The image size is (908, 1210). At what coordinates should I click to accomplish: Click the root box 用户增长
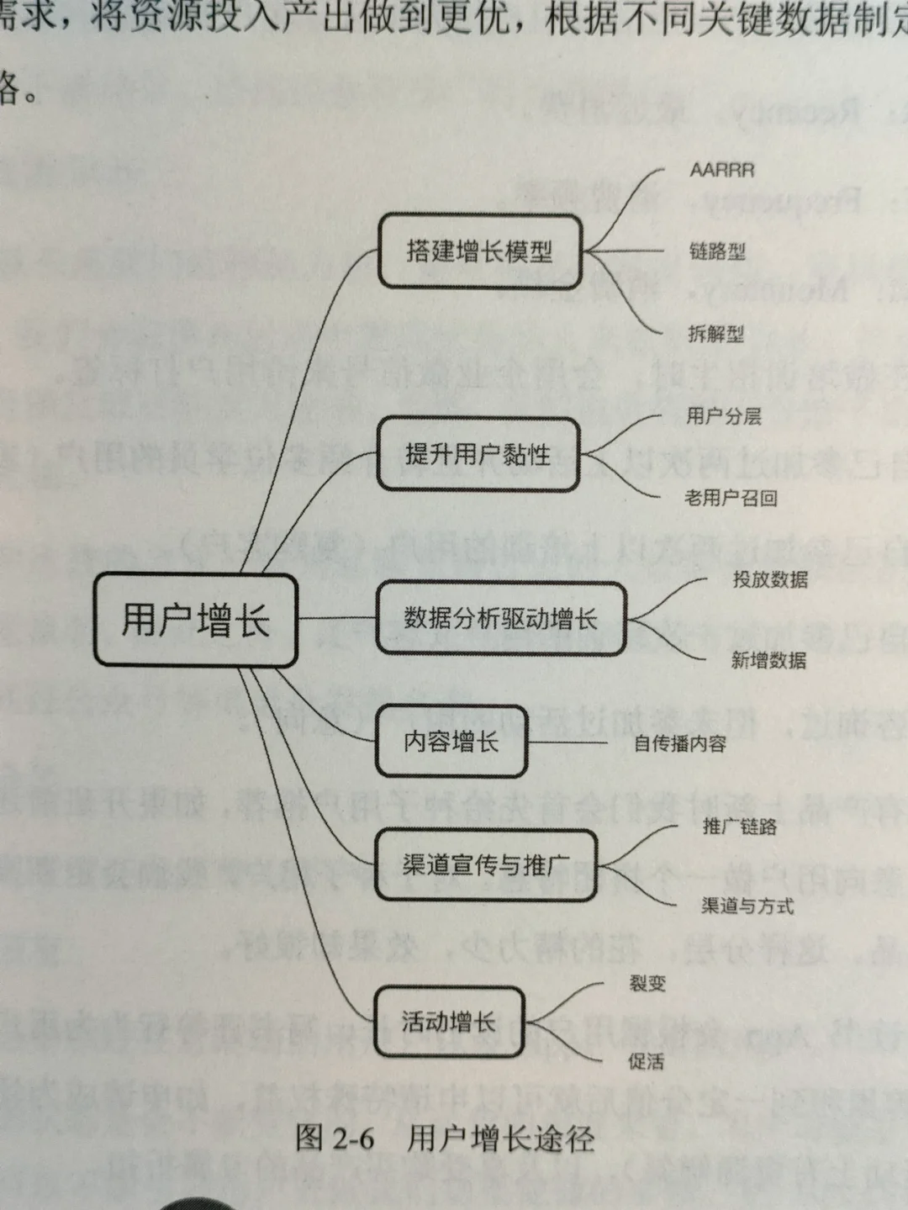click(x=195, y=621)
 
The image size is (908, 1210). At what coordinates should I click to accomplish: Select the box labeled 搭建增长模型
click(x=479, y=251)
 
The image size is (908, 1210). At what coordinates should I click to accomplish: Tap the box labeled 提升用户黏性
click(x=478, y=454)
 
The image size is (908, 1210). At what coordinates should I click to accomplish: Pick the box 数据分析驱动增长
click(x=500, y=619)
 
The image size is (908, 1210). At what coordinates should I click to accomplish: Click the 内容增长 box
click(x=451, y=742)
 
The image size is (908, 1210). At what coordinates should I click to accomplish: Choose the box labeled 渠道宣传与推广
click(x=485, y=864)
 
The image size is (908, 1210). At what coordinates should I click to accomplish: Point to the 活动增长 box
click(x=449, y=1022)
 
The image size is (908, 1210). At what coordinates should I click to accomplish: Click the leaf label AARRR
click(x=721, y=170)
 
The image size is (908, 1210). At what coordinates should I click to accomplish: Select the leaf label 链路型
click(x=717, y=251)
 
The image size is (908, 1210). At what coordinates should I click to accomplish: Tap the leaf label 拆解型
click(x=715, y=334)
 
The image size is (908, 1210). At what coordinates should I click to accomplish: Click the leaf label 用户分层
click(x=724, y=415)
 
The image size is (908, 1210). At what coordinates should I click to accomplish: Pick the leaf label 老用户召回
click(x=731, y=498)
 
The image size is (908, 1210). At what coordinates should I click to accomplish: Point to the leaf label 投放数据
click(x=770, y=579)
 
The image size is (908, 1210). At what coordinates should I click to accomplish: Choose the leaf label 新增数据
click(x=768, y=661)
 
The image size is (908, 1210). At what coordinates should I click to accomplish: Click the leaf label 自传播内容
click(x=679, y=743)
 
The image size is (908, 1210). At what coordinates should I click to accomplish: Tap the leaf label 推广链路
click(x=740, y=827)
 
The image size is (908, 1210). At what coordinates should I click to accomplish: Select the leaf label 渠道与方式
click(x=747, y=906)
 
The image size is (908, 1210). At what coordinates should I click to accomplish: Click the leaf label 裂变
click(x=647, y=983)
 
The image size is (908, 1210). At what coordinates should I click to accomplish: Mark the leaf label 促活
click(x=646, y=1062)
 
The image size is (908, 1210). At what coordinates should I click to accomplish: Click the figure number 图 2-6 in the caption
click(x=335, y=1139)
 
